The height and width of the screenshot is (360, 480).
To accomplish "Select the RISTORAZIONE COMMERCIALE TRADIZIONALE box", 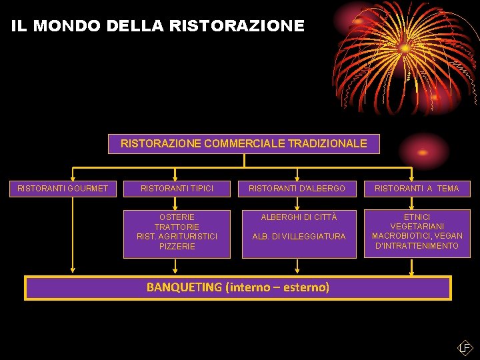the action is (x=243, y=143).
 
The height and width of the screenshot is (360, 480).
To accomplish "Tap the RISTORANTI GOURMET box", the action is (x=63, y=189).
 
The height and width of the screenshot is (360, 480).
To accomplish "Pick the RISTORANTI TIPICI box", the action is (x=177, y=189).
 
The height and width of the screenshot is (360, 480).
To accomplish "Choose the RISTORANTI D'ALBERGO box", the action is (x=297, y=189).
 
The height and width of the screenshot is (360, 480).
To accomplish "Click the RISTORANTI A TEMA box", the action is (x=417, y=189).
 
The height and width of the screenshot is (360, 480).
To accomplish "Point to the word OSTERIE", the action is (x=177, y=217).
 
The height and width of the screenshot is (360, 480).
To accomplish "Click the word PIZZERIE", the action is (x=177, y=247).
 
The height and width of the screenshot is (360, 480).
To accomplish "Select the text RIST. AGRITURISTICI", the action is (x=177, y=237).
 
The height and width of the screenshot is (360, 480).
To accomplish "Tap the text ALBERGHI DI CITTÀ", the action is (x=299, y=217).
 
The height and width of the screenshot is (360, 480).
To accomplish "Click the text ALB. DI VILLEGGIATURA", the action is (x=299, y=237).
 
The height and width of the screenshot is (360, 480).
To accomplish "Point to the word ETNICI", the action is (x=417, y=217).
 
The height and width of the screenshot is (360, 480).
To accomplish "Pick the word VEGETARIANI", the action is (x=417, y=227).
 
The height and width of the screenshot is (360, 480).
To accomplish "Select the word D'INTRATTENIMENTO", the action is (x=417, y=246).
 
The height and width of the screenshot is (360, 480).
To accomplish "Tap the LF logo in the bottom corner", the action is (x=465, y=347).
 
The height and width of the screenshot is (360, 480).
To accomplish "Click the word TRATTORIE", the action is (x=177, y=227).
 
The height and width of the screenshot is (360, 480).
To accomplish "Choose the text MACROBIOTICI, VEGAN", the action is (x=417, y=236).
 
